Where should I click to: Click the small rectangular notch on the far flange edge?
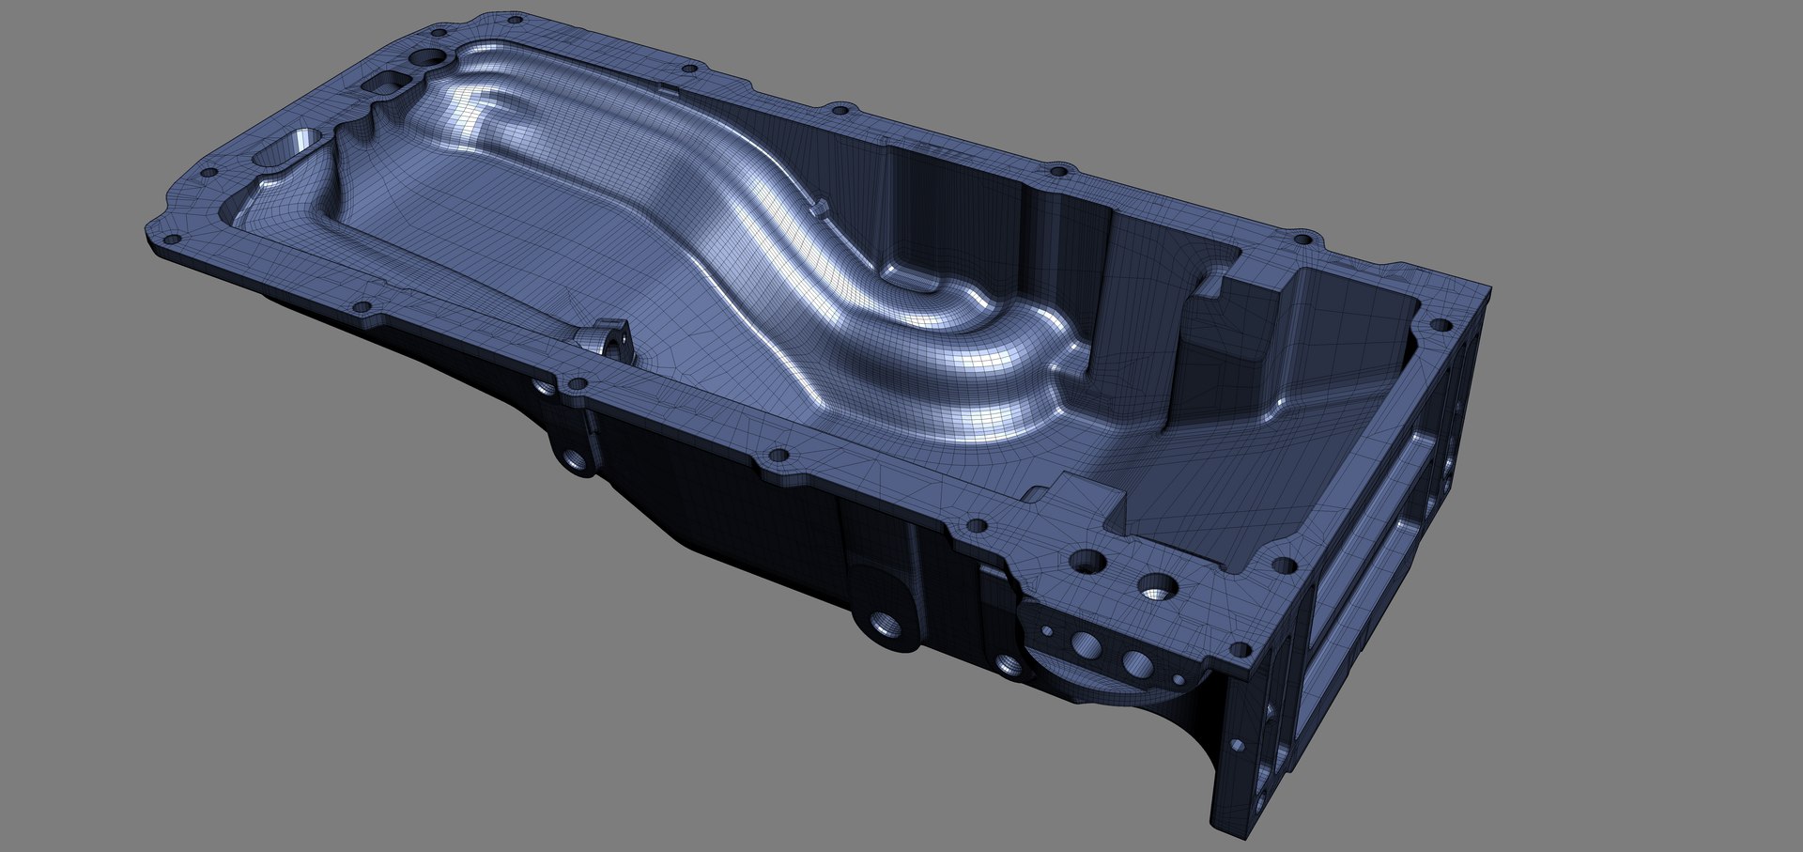(x=669, y=91)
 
